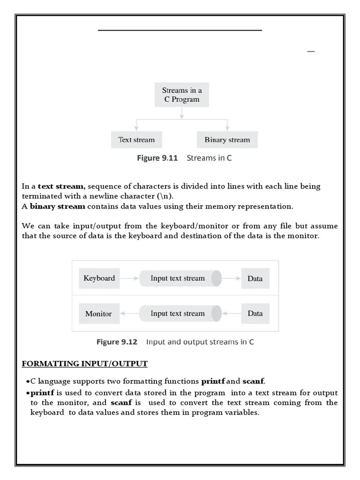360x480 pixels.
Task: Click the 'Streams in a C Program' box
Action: pyautogui.click(x=182, y=95)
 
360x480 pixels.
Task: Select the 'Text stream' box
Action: pyautogui.click(x=136, y=140)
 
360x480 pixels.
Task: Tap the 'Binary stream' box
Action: pyautogui.click(x=227, y=140)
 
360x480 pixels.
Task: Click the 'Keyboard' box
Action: pyautogui.click(x=99, y=278)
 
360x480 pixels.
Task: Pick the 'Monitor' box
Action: pyautogui.click(x=98, y=314)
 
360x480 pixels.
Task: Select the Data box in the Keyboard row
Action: pyautogui.click(x=255, y=278)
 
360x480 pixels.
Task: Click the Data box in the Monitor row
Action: pyautogui.click(x=255, y=314)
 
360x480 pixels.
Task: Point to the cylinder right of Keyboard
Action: pyautogui.click(x=180, y=278)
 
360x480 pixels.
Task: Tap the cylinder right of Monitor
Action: pyautogui.click(x=180, y=314)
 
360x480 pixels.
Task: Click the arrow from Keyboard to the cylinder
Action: pyautogui.click(x=129, y=278)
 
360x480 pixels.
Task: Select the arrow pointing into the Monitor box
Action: pyautogui.click(x=129, y=314)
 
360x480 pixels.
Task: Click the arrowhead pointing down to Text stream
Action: pyautogui.click(x=136, y=127)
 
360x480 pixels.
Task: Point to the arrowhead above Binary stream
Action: pyautogui.click(x=227, y=127)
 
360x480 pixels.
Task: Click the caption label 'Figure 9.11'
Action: pyautogui.click(x=157, y=158)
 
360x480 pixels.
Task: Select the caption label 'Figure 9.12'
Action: pyautogui.click(x=117, y=342)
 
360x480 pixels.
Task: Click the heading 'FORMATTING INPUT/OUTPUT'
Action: pyautogui.click(x=85, y=364)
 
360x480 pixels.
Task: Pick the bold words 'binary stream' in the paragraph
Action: pyautogui.click(x=58, y=206)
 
